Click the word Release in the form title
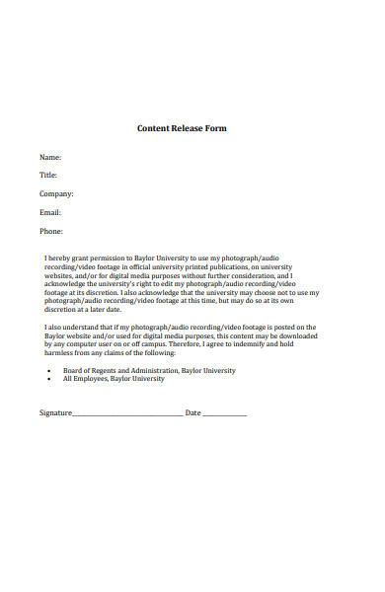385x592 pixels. point(191,128)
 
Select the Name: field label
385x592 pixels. point(50,157)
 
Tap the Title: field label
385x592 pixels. point(48,175)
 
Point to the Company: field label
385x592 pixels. point(56,193)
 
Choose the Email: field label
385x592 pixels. point(50,212)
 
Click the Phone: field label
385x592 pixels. point(51,231)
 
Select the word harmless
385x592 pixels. point(60,353)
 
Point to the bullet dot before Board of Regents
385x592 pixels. point(49,371)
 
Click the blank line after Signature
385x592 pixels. point(127,414)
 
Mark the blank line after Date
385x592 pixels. point(224,414)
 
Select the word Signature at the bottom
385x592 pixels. point(55,412)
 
